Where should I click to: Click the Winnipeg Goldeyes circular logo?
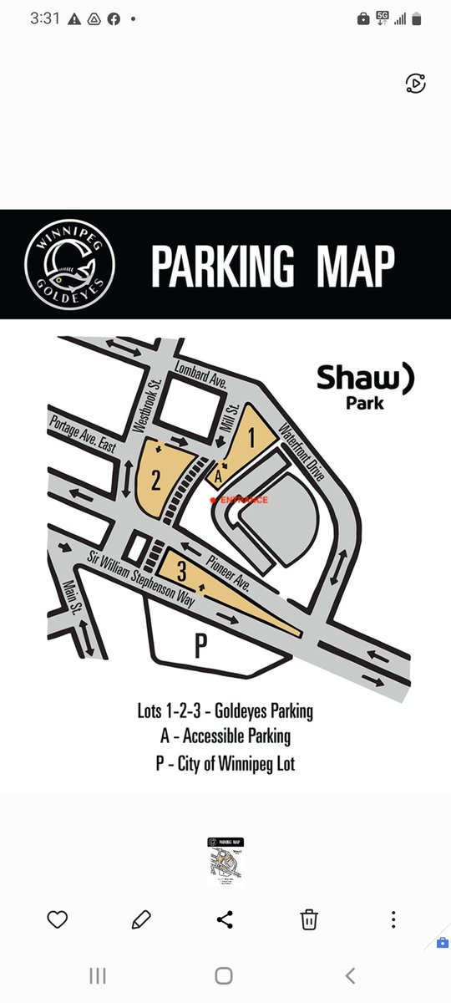coord(69,265)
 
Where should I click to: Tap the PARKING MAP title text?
coord(272,265)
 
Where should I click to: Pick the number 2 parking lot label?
coord(156,479)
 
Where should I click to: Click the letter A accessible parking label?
coord(217,477)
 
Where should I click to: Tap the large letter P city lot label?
coord(200,647)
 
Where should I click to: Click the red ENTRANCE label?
coord(242,500)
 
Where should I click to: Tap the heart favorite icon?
coord(57,920)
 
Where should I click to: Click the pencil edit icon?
coord(141,920)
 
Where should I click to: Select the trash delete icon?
coord(309,920)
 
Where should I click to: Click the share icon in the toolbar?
coord(225,920)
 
